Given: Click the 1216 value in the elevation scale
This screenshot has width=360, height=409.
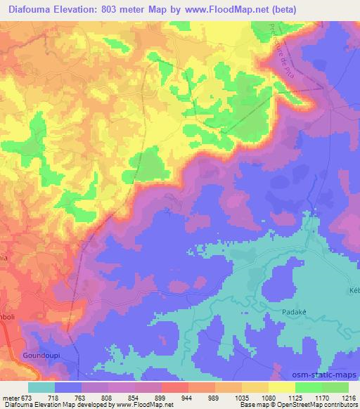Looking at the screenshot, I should [348, 398].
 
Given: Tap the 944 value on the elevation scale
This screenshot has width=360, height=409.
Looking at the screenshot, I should [188, 398].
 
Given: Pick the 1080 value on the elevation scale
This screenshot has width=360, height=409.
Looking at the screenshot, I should [267, 398].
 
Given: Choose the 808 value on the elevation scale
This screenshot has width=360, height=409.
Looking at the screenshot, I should [108, 398].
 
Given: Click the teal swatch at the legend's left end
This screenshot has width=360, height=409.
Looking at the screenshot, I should [41, 387].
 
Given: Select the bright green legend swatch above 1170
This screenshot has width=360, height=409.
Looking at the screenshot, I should [308, 387].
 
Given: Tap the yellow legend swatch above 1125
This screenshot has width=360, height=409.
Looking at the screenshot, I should [281, 387].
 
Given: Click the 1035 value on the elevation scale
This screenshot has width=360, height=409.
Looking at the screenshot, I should [241, 398].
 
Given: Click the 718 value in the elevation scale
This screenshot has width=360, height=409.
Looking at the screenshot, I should [54, 398].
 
